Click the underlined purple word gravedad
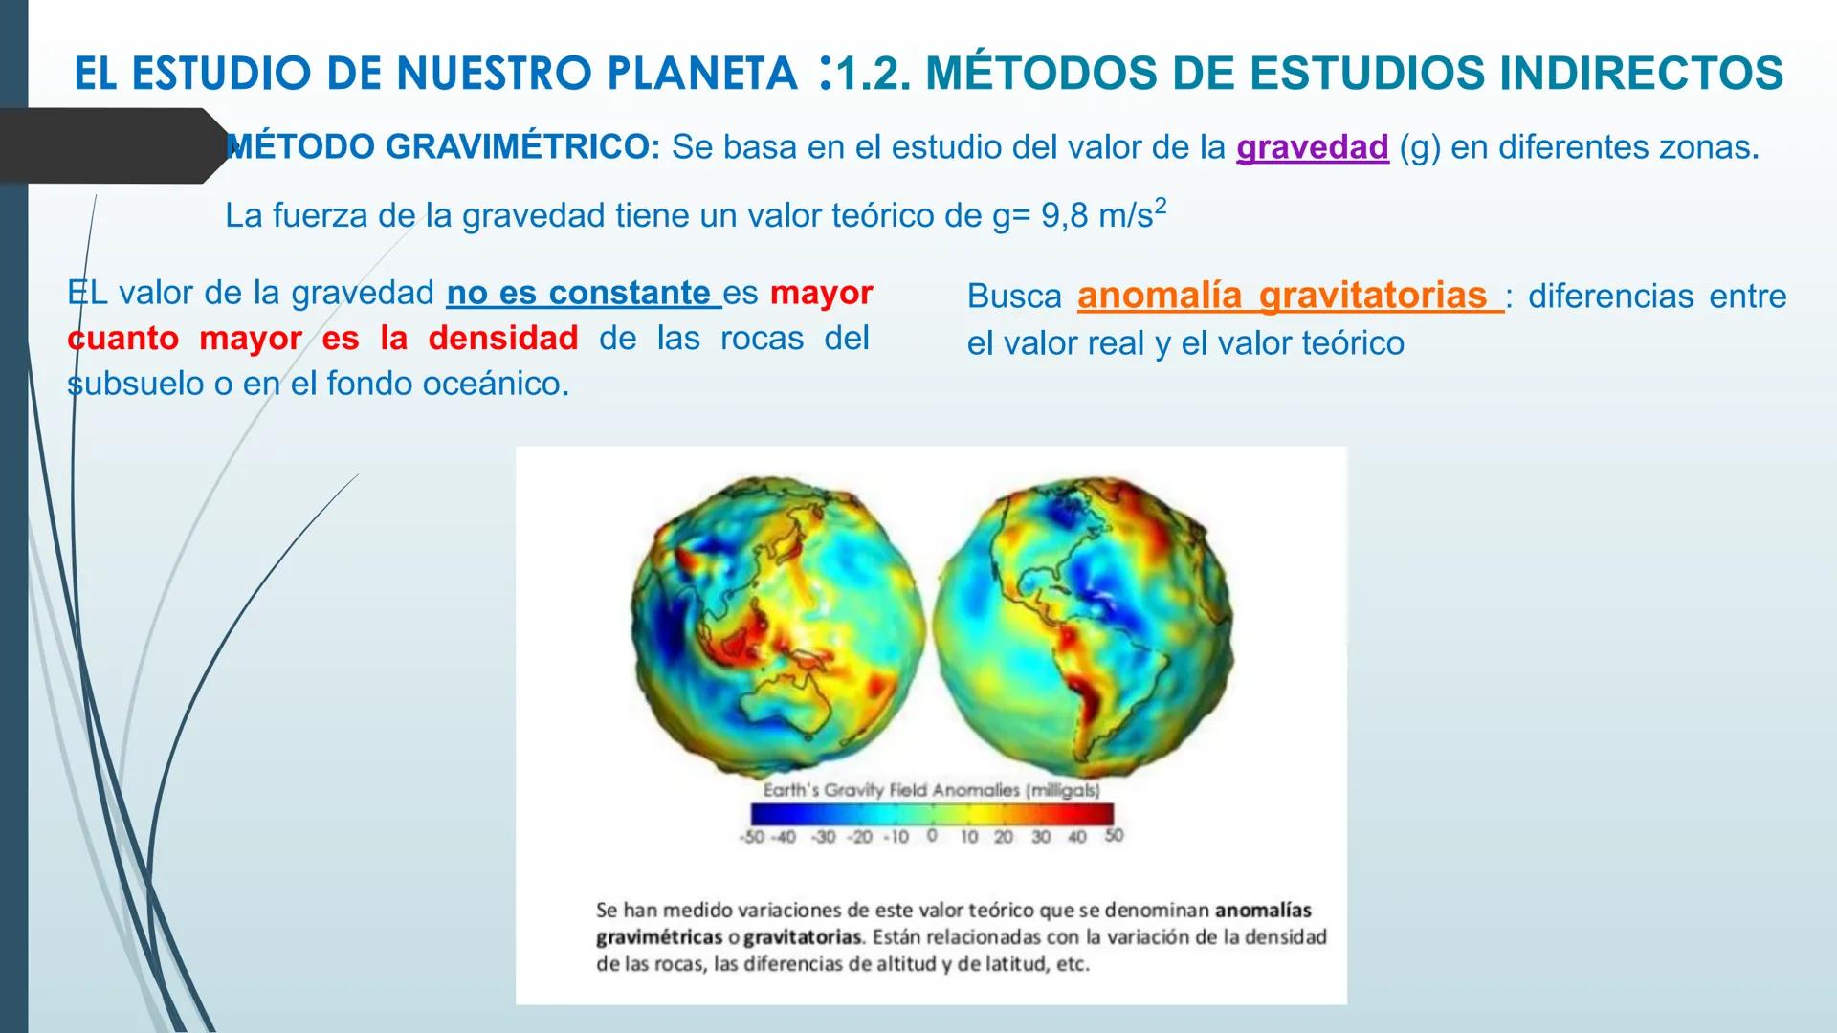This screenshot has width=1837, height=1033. pos(1312,148)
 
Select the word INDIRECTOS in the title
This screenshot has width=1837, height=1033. pos(1641,75)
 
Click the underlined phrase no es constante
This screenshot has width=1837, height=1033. pos(583,293)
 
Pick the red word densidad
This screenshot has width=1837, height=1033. pos(502,338)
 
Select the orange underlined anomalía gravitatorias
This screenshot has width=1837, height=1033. pos(1288,296)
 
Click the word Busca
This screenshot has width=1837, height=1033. pos(1014,297)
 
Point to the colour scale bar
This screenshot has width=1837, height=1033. pos(932,814)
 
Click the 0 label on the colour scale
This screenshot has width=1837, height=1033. pos(932,836)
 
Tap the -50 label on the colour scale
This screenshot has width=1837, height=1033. pos(752,837)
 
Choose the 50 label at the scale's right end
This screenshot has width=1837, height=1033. pos(1114,836)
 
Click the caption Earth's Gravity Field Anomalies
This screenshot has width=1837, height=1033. pos(930,790)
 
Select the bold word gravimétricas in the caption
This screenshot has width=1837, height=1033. pos(657,936)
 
